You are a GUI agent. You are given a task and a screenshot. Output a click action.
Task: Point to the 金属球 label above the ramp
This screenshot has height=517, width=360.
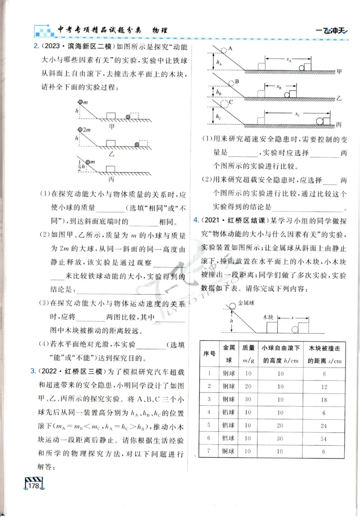coord(246,304)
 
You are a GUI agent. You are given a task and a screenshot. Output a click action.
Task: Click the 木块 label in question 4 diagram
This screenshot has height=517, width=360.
coord(269,317)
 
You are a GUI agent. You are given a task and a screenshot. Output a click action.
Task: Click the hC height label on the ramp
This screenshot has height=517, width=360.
coord(219,116)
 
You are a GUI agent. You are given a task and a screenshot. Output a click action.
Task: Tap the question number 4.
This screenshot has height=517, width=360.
coord(196,220)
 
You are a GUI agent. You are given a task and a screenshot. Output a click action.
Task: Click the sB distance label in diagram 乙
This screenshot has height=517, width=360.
coord(279,87)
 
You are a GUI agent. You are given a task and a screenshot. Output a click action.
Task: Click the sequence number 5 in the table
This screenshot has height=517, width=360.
coord(209,424)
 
